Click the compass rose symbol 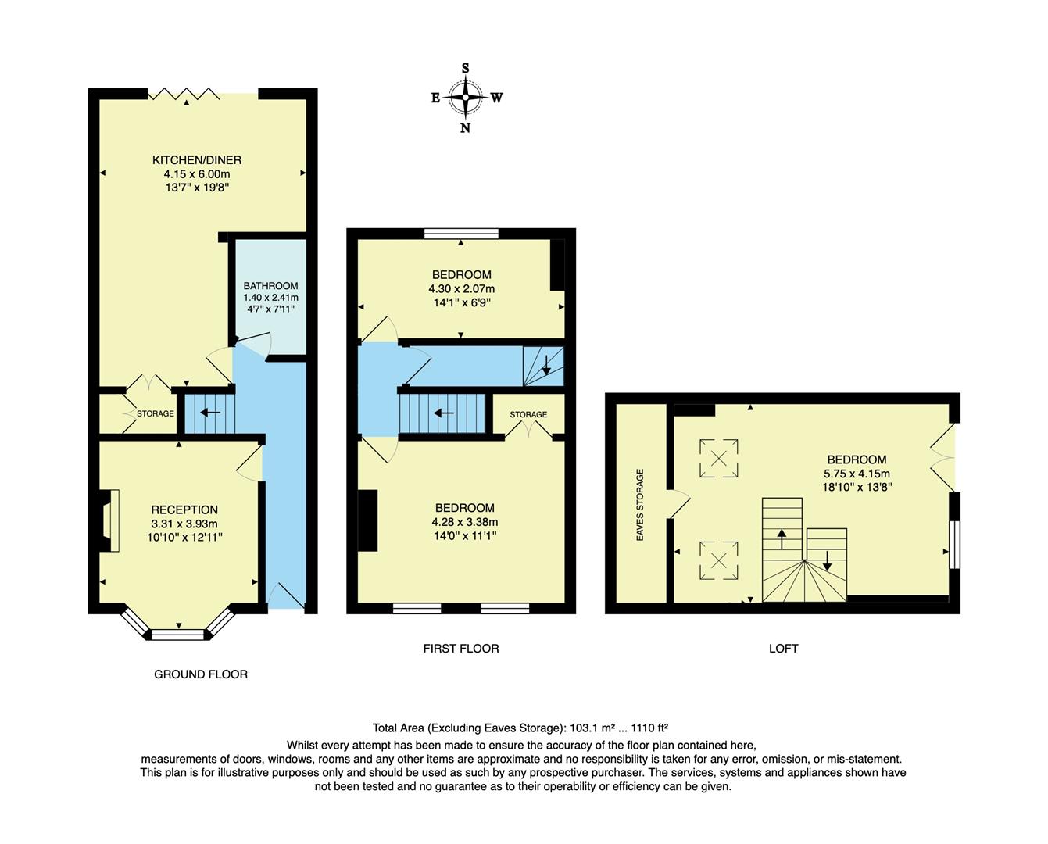pyautogui.click(x=466, y=98)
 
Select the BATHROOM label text pyautogui.click(x=270, y=286)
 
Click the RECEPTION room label pyautogui.click(x=184, y=510)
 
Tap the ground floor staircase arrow pyautogui.click(x=209, y=413)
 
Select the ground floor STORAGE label pyautogui.click(x=156, y=413)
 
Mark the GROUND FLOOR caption pyautogui.click(x=201, y=674)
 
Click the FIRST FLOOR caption pyautogui.click(x=461, y=649)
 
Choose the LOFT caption pyautogui.click(x=783, y=649)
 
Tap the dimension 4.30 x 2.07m pyautogui.click(x=461, y=288)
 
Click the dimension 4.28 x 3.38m pyautogui.click(x=464, y=522)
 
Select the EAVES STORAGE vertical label pyautogui.click(x=640, y=505)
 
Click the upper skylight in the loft pyautogui.click(x=719, y=458)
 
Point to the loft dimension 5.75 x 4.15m pyautogui.click(x=857, y=473)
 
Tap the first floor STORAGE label pyautogui.click(x=528, y=414)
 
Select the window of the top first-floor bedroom pyautogui.click(x=461, y=233)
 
